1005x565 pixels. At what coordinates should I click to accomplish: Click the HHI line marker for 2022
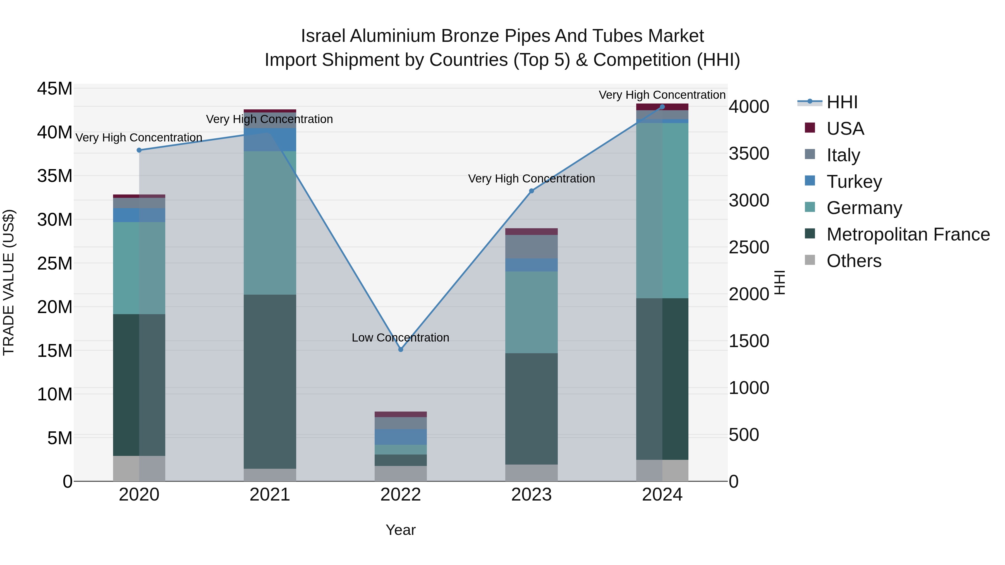[401, 349]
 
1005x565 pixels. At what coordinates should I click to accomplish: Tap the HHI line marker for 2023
[531, 191]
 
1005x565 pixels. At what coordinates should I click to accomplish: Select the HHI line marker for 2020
[139, 150]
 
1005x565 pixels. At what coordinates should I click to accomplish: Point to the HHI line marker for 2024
[662, 107]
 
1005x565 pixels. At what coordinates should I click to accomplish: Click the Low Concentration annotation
[400, 338]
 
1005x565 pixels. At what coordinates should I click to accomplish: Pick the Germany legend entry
[864, 208]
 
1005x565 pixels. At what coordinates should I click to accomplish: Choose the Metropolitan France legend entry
[908, 234]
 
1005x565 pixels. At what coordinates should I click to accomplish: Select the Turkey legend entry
[854, 182]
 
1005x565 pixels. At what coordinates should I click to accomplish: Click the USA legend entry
[845, 129]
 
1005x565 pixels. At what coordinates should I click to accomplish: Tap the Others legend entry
[854, 261]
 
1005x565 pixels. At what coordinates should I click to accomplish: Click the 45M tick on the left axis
[55, 89]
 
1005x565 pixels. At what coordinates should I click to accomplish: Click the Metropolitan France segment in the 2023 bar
[531, 409]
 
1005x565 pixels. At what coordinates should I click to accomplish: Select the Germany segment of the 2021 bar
[270, 223]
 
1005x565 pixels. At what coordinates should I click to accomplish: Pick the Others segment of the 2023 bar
[531, 473]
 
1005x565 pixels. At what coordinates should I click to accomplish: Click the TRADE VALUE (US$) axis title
[9, 282]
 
